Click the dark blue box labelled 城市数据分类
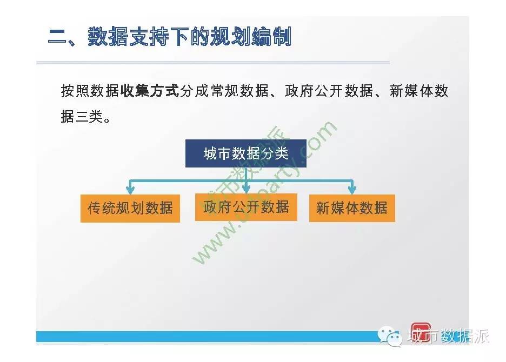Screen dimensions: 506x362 coord(245,153)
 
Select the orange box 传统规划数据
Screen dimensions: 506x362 coord(130,209)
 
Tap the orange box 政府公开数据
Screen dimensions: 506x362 coord(246,207)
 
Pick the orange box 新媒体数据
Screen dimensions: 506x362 coord(352,208)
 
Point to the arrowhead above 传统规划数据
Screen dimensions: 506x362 coord(130,190)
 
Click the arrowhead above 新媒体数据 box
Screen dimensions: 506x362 coord(352,190)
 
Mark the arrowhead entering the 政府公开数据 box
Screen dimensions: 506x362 coord(246,189)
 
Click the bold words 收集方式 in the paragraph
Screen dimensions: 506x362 coord(149,91)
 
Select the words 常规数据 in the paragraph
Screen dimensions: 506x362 coord(239,91)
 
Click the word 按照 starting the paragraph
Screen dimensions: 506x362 coord(75,91)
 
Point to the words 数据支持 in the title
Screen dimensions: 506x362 coord(128,36)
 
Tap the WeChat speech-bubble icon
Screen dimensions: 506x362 coord(390,336)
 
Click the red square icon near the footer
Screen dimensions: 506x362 coord(421,332)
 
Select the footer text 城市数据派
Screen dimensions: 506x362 coord(448,336)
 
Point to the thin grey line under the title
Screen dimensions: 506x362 coord(213,63)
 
